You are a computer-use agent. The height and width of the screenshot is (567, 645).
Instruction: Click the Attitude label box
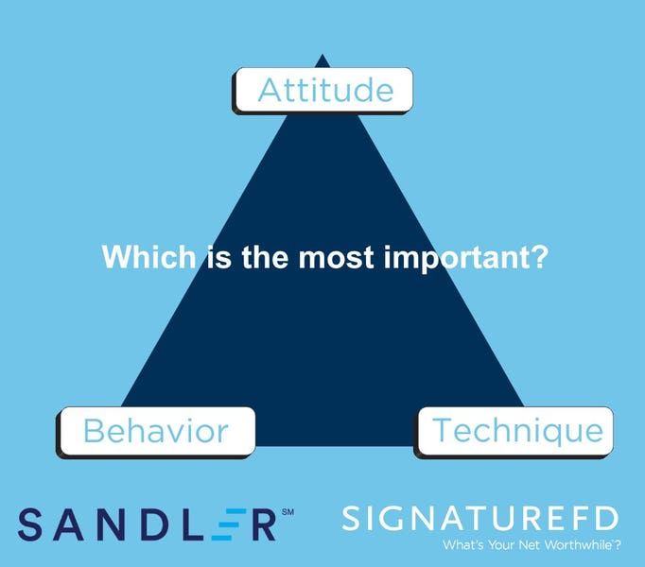coord(322,91)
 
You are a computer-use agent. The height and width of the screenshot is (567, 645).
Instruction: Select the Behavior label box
coord(156,432)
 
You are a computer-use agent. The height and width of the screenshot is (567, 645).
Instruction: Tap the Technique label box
coord(514,432)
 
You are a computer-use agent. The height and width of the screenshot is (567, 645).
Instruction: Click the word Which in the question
coord(148,257)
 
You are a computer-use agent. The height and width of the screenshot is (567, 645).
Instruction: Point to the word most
coord(336,258)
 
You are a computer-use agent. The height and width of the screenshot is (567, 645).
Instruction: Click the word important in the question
coord(453,259)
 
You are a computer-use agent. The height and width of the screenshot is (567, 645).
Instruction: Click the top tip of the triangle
coord(322,54)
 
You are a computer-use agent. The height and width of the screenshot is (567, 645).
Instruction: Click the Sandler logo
coord(156,524)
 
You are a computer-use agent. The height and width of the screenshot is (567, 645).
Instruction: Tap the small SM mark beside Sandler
coord(288,512)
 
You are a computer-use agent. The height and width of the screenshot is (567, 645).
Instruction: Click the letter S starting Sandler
coord(30,524)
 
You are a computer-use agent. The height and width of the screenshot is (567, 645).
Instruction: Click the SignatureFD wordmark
coord(480,518)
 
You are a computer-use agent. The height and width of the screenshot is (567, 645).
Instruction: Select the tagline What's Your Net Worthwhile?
coord(532,545)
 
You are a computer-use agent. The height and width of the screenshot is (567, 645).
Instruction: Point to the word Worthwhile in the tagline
coord(578,545)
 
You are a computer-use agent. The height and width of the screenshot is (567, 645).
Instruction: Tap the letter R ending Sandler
coord(263,524)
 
